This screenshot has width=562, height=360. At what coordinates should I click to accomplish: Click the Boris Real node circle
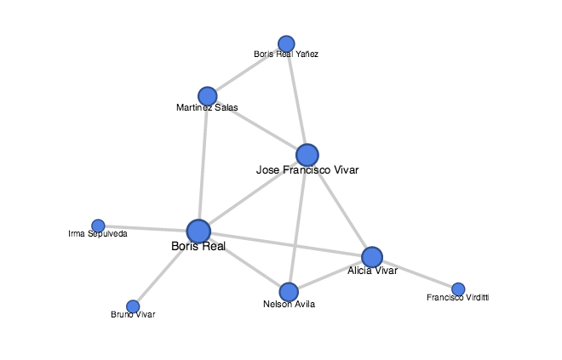[x=198, y=231]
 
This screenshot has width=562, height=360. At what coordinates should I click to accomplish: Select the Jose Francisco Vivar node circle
[x=307, y=155]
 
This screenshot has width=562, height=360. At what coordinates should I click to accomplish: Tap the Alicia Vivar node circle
[x=372, y=256]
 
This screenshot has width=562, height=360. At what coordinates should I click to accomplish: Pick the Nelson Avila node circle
[x=289, y=292]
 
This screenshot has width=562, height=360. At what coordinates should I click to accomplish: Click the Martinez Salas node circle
[x=207, y=95]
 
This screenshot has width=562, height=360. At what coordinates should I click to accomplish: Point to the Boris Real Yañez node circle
[x=286, y=43]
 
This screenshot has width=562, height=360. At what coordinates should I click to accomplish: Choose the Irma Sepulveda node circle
[x=98, y=226]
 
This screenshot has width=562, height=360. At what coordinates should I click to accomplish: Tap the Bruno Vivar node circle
[x=133, y=306]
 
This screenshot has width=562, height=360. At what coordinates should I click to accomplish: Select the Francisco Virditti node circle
[x=458, y=289]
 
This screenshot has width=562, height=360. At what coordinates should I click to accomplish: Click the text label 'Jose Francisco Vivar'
[x=307, y=170]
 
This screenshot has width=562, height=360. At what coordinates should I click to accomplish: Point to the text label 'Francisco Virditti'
[x=458, y=298]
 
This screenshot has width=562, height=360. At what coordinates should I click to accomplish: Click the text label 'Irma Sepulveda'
[x=98, y=233]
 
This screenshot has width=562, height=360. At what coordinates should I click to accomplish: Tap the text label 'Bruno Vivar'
[x=134, y=315]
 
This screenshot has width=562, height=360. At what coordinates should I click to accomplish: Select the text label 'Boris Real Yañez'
[x=286, y=54]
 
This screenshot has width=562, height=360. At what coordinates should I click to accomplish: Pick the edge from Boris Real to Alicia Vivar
[x=285, y=243]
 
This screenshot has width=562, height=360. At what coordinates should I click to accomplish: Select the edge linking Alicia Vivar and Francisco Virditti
[x=416, y=273]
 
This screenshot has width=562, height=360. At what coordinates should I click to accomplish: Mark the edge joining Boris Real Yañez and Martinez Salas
[x=247, y=69]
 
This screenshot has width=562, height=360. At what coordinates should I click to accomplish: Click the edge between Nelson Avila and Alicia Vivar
[x=330, y=274]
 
